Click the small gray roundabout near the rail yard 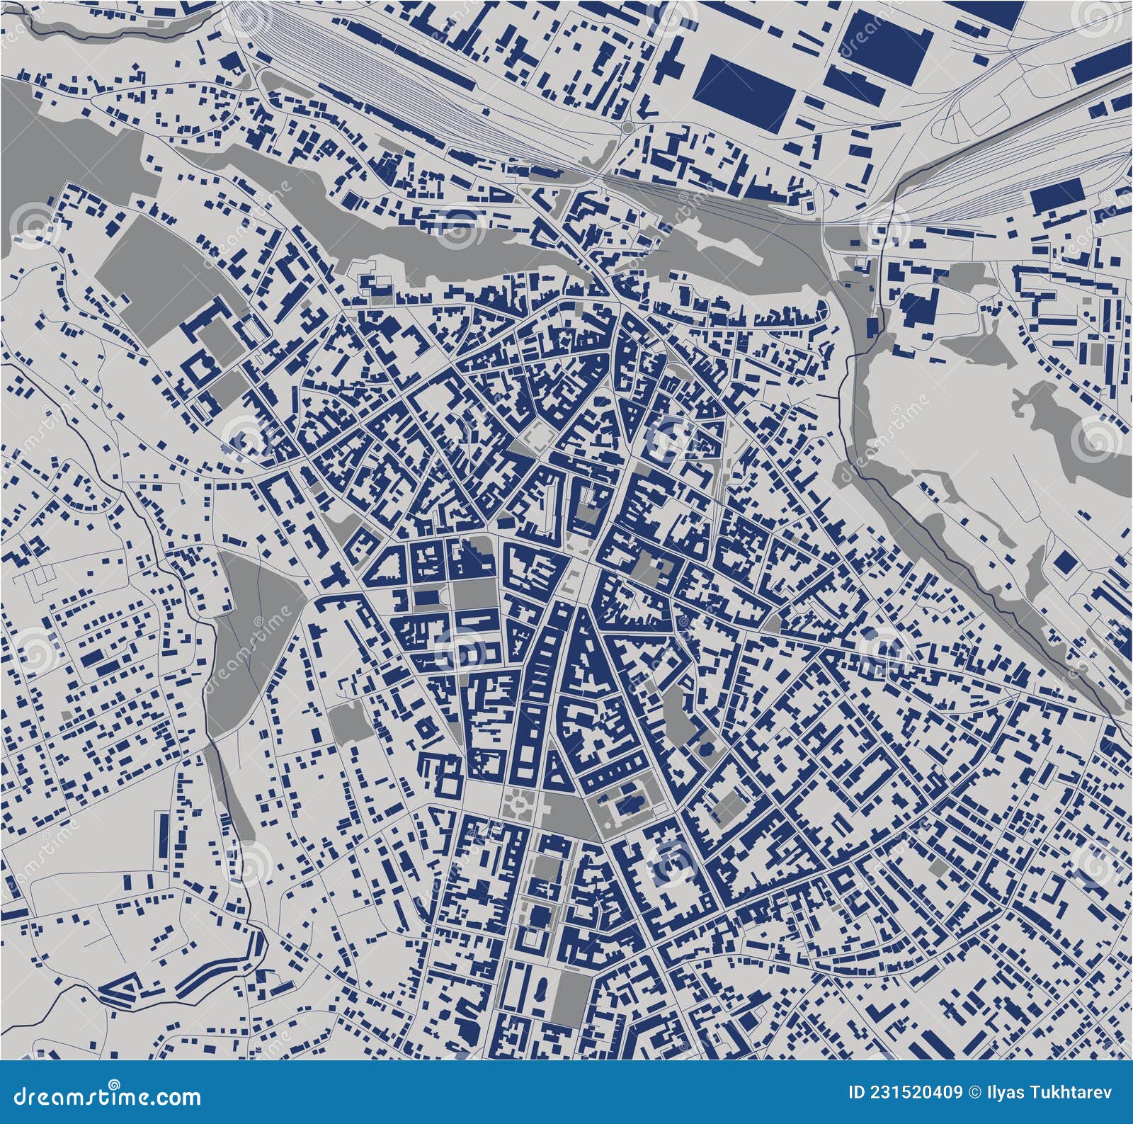pyautogui.click(x=627, y=127)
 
